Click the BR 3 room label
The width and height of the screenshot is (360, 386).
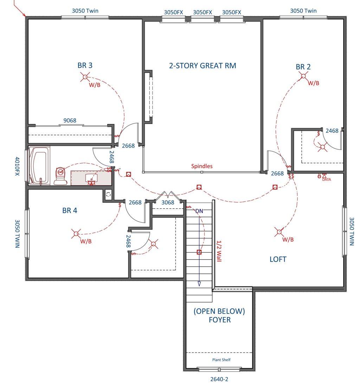[85, 65]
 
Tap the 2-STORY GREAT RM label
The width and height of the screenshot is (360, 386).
[202, 66]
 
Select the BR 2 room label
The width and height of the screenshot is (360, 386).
[303, 67]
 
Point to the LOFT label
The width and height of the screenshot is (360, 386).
[278, 259]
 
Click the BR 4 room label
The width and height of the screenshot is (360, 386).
[70, 211]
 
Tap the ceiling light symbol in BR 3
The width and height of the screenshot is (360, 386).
[85, 77]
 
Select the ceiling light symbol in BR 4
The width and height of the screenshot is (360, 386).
[76, 234]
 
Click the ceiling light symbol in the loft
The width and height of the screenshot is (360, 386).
[279, 232]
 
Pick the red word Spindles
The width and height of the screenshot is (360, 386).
[202, 166]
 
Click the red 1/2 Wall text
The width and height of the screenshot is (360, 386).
[219, 251]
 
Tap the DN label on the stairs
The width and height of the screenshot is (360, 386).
[199, 211]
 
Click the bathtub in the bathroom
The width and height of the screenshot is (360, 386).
[39, 166]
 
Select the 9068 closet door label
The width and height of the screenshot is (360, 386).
[70, 120]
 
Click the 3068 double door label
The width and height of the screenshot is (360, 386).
[168, 202]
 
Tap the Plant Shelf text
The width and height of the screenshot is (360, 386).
[221, 360]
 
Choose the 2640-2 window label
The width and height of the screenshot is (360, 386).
[219, 379]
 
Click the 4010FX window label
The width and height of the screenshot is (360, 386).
[17, 166]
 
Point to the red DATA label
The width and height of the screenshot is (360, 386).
[327, 179]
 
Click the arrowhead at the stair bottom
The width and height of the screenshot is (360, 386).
[199, 284]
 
